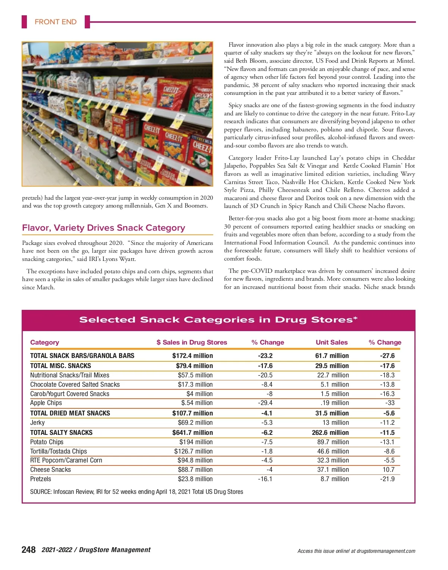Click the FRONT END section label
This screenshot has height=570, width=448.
point(55,22)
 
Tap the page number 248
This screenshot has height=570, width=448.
point(29,549)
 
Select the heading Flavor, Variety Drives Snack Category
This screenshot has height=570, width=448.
point(103,228)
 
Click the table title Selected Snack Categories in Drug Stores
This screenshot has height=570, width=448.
point(218,320)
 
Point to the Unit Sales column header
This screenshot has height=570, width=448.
point(332,342)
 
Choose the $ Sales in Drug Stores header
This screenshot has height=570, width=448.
point(192,342)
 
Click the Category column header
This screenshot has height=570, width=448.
point(44,342)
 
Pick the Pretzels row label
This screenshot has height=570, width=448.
point(41,479)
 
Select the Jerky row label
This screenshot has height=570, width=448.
point(37,423)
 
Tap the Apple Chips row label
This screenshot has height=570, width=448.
point(46,403)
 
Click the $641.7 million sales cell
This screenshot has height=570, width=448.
point(192,433)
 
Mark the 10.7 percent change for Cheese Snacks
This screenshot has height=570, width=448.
point(388,470)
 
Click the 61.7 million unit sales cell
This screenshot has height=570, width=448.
point(332,356)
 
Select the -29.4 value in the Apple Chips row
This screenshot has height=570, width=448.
point(265,403)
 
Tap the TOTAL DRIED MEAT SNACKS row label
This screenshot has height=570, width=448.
point(70,413)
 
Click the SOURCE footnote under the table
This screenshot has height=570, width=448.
point(137,492)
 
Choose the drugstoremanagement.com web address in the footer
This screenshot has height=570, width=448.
point(386,551)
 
